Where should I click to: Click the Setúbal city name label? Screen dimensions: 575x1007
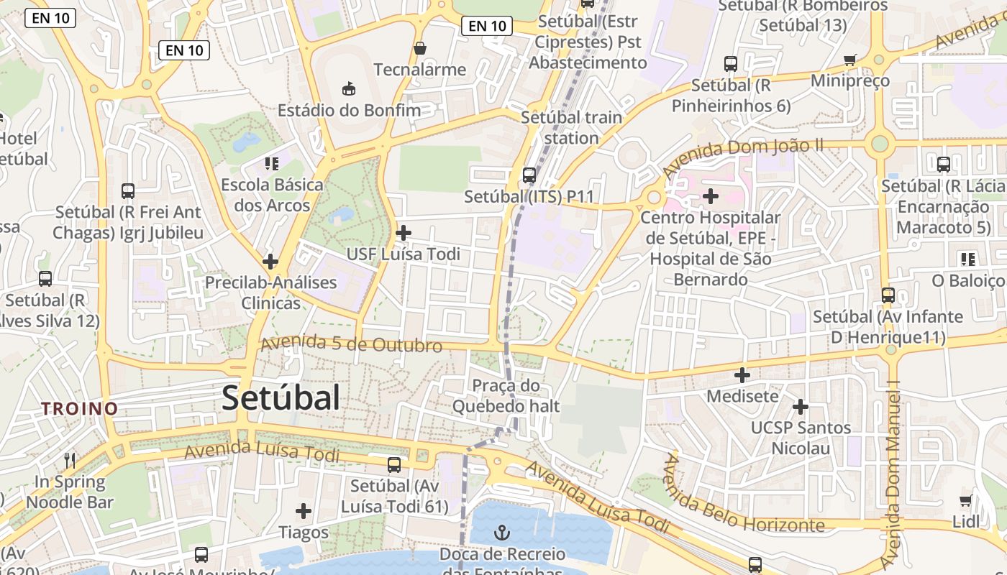(x=281, y=397)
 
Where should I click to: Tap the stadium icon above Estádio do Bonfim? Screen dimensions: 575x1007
(x=348, y=88)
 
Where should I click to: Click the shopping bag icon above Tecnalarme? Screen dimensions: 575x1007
(x=420, y=48)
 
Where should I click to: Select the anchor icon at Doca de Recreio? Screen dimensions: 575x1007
(x=502, y=533)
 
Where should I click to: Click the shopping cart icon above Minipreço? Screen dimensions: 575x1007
(x=850, y=60)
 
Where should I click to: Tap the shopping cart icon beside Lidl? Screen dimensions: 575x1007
(x=965, y=500)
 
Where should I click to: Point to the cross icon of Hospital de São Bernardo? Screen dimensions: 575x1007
(x=711, y=195)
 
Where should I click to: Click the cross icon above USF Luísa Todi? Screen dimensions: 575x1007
(x=404, y=232)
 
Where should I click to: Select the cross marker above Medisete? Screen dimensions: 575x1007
(x=742, y=374)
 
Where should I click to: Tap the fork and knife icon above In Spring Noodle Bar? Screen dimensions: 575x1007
(x=70, y=460)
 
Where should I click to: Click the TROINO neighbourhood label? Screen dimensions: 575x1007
(x=79, y=409)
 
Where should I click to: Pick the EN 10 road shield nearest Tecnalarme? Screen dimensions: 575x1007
(x=487, y=27)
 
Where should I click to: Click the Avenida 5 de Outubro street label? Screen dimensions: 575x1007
(x=351, y=344)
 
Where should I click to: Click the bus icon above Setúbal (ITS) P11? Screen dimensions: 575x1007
(x=529, y=175)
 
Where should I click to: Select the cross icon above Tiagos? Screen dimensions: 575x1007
(x=304, y=511)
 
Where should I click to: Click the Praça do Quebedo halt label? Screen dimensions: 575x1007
(x=506, y=396)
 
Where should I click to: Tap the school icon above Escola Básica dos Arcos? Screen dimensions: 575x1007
(x=271, y=164)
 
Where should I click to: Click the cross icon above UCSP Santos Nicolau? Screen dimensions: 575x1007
(x=800, y=407)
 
